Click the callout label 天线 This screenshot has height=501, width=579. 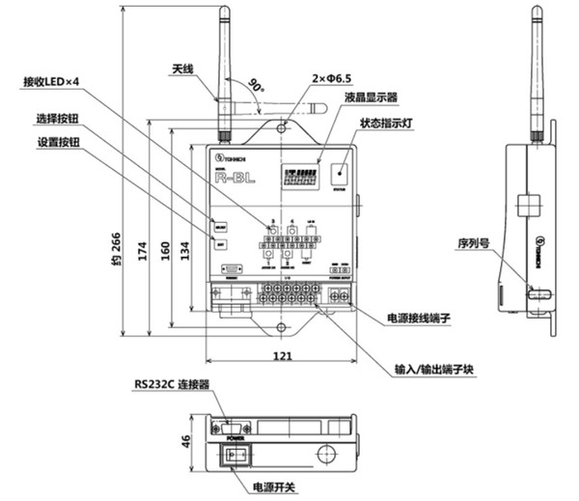click(183, 70)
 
